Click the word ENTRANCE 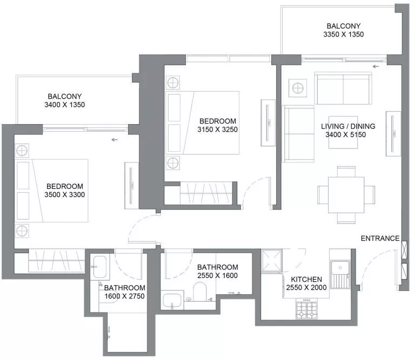(x=380, y=238)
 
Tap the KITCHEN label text (x=307, y=279)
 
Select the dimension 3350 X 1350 (x=343, y=35)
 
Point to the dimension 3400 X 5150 (x=348, y=135)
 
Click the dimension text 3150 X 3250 (x=218, y=130)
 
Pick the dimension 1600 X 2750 (x=125, y=296)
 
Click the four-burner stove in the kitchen (x=306, y=309)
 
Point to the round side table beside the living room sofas (x=297, y=87)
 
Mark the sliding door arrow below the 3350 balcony (x=376, y=67)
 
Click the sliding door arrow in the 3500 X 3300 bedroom (x=114, y=140)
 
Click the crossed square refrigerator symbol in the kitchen (x=272, y=262)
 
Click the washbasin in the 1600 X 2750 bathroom (x=100, y=267)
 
